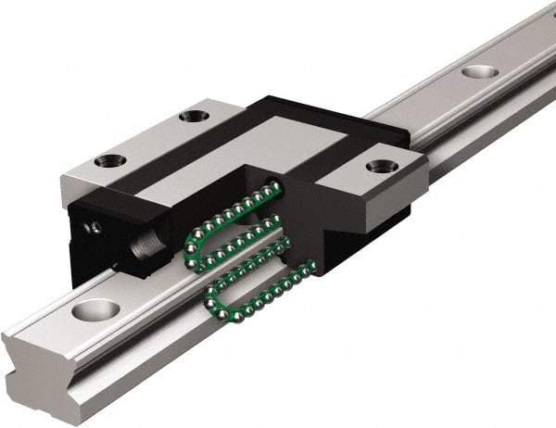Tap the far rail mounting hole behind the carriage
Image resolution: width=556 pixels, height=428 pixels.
(x=478, y=71)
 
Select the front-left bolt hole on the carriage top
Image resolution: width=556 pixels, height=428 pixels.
(x=109, y=160)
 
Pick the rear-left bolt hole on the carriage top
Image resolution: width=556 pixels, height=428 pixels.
(x=193, y=117)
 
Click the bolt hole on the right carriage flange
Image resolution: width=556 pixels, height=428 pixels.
(x=380, y=167)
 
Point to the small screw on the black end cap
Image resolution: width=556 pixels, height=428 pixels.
(x=94, y=226)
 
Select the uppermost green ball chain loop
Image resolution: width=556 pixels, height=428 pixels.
(x=236, y=208)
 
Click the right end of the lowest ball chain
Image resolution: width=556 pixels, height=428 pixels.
(x=310, y=269)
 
